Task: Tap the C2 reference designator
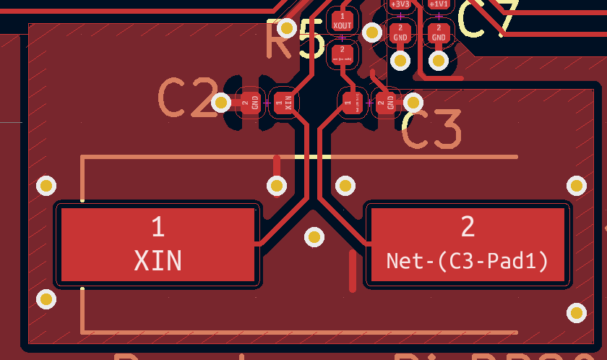[x=187, y=98]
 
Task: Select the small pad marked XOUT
[x=342, y=21]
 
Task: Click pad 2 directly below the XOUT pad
[x=342, y=53]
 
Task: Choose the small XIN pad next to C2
[x=284, y=103]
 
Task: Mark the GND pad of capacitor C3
[x=386, y=103]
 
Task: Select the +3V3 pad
[x=400, y=4]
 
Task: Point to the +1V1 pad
[x=439, y=4]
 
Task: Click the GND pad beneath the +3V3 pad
[x=400, y=33]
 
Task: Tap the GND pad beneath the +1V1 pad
[x=439, y=33]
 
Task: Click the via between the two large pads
[x=314, y=236]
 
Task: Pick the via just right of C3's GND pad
[x=413, y=102]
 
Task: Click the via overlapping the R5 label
[x=287, y=28]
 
